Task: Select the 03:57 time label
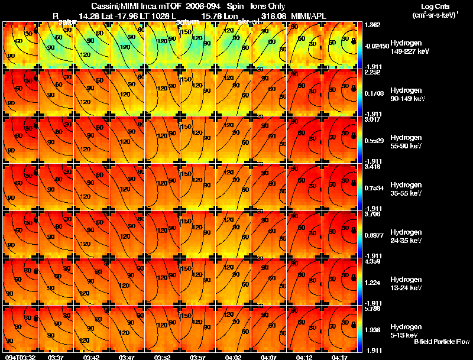click(198, 357)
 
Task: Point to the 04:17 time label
click(341, 357)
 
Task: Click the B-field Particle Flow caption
click(441, 342)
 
